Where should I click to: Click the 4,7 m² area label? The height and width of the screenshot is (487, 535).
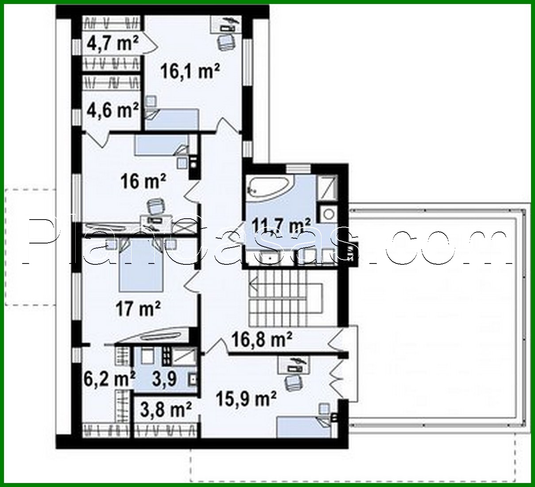113,43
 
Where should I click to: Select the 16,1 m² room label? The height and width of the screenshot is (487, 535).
190,71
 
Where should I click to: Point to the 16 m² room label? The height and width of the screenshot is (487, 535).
143,181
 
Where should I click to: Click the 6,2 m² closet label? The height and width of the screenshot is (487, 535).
109,378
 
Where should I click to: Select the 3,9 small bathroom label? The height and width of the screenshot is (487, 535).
164,378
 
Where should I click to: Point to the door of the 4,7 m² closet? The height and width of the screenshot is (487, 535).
149,43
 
